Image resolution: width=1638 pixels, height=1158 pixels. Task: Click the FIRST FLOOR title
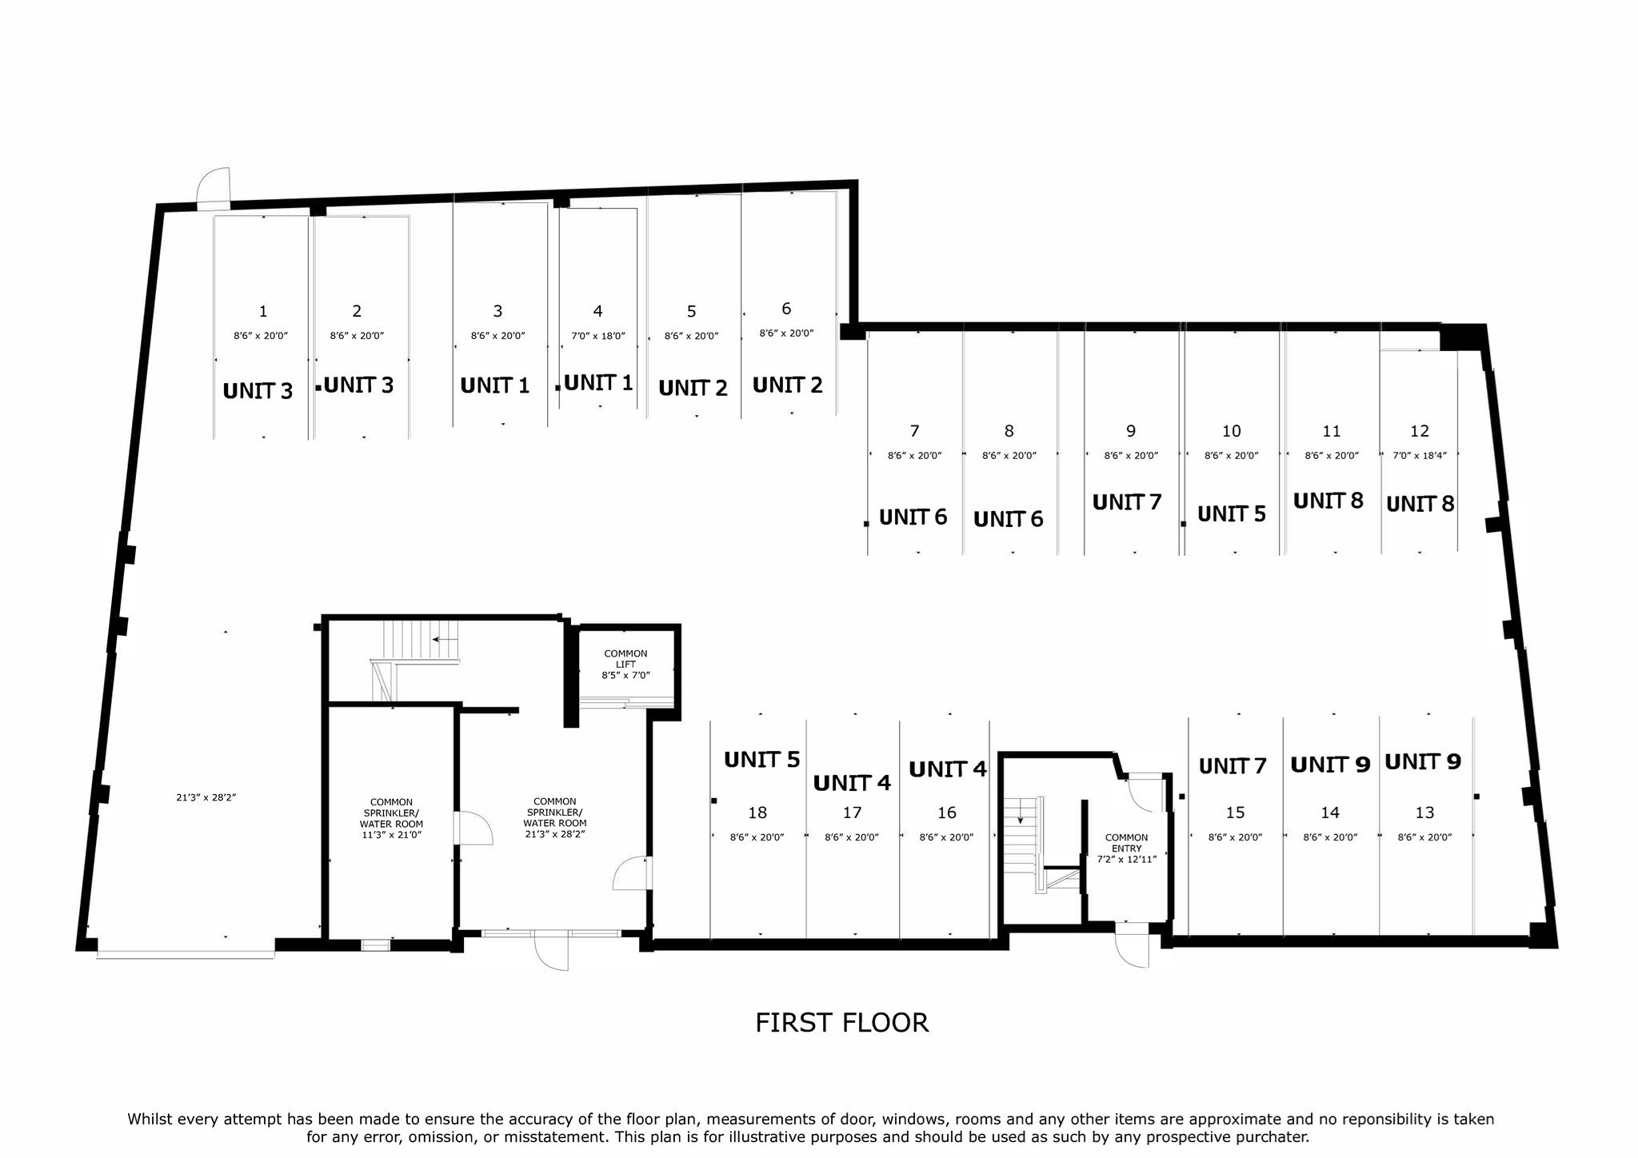pyautogui.click(x=841, y=1023)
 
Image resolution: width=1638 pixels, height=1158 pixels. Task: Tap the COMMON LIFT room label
pyautogui.click(x=625, y=664)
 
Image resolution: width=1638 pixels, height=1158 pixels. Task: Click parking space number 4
pyautogui.click(x=597, y=311)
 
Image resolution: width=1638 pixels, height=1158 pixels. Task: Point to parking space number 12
pyautogui.click(x=1419, y=431)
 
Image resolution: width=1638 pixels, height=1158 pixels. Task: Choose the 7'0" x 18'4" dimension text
pyautogui.click(x=1419, y=455)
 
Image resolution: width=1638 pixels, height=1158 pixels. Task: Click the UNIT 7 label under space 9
pyautogui.click(x=1126, y=502)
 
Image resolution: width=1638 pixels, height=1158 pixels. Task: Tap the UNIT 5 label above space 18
pyautogui.click(x=761, y=760)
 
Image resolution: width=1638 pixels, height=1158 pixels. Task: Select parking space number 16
pyautogui.click(x=946, y=813)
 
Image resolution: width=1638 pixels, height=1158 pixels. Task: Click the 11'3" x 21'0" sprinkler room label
pyautogui.click(x=391, y=818)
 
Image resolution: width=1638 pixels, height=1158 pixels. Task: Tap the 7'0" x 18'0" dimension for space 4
pyautogui.click(x=597, y=336)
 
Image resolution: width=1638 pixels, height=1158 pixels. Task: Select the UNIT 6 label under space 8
pyautogui.click(x=1008, y=520)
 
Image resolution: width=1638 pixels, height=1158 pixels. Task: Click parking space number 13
pyautogui.click(x=1424, y=813)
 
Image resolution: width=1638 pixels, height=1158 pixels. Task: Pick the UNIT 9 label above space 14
pyautogui.click(x=1330, y=765)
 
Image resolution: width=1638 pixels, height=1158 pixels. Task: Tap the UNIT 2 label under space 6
pyautogui.click(x=787, y=385)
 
